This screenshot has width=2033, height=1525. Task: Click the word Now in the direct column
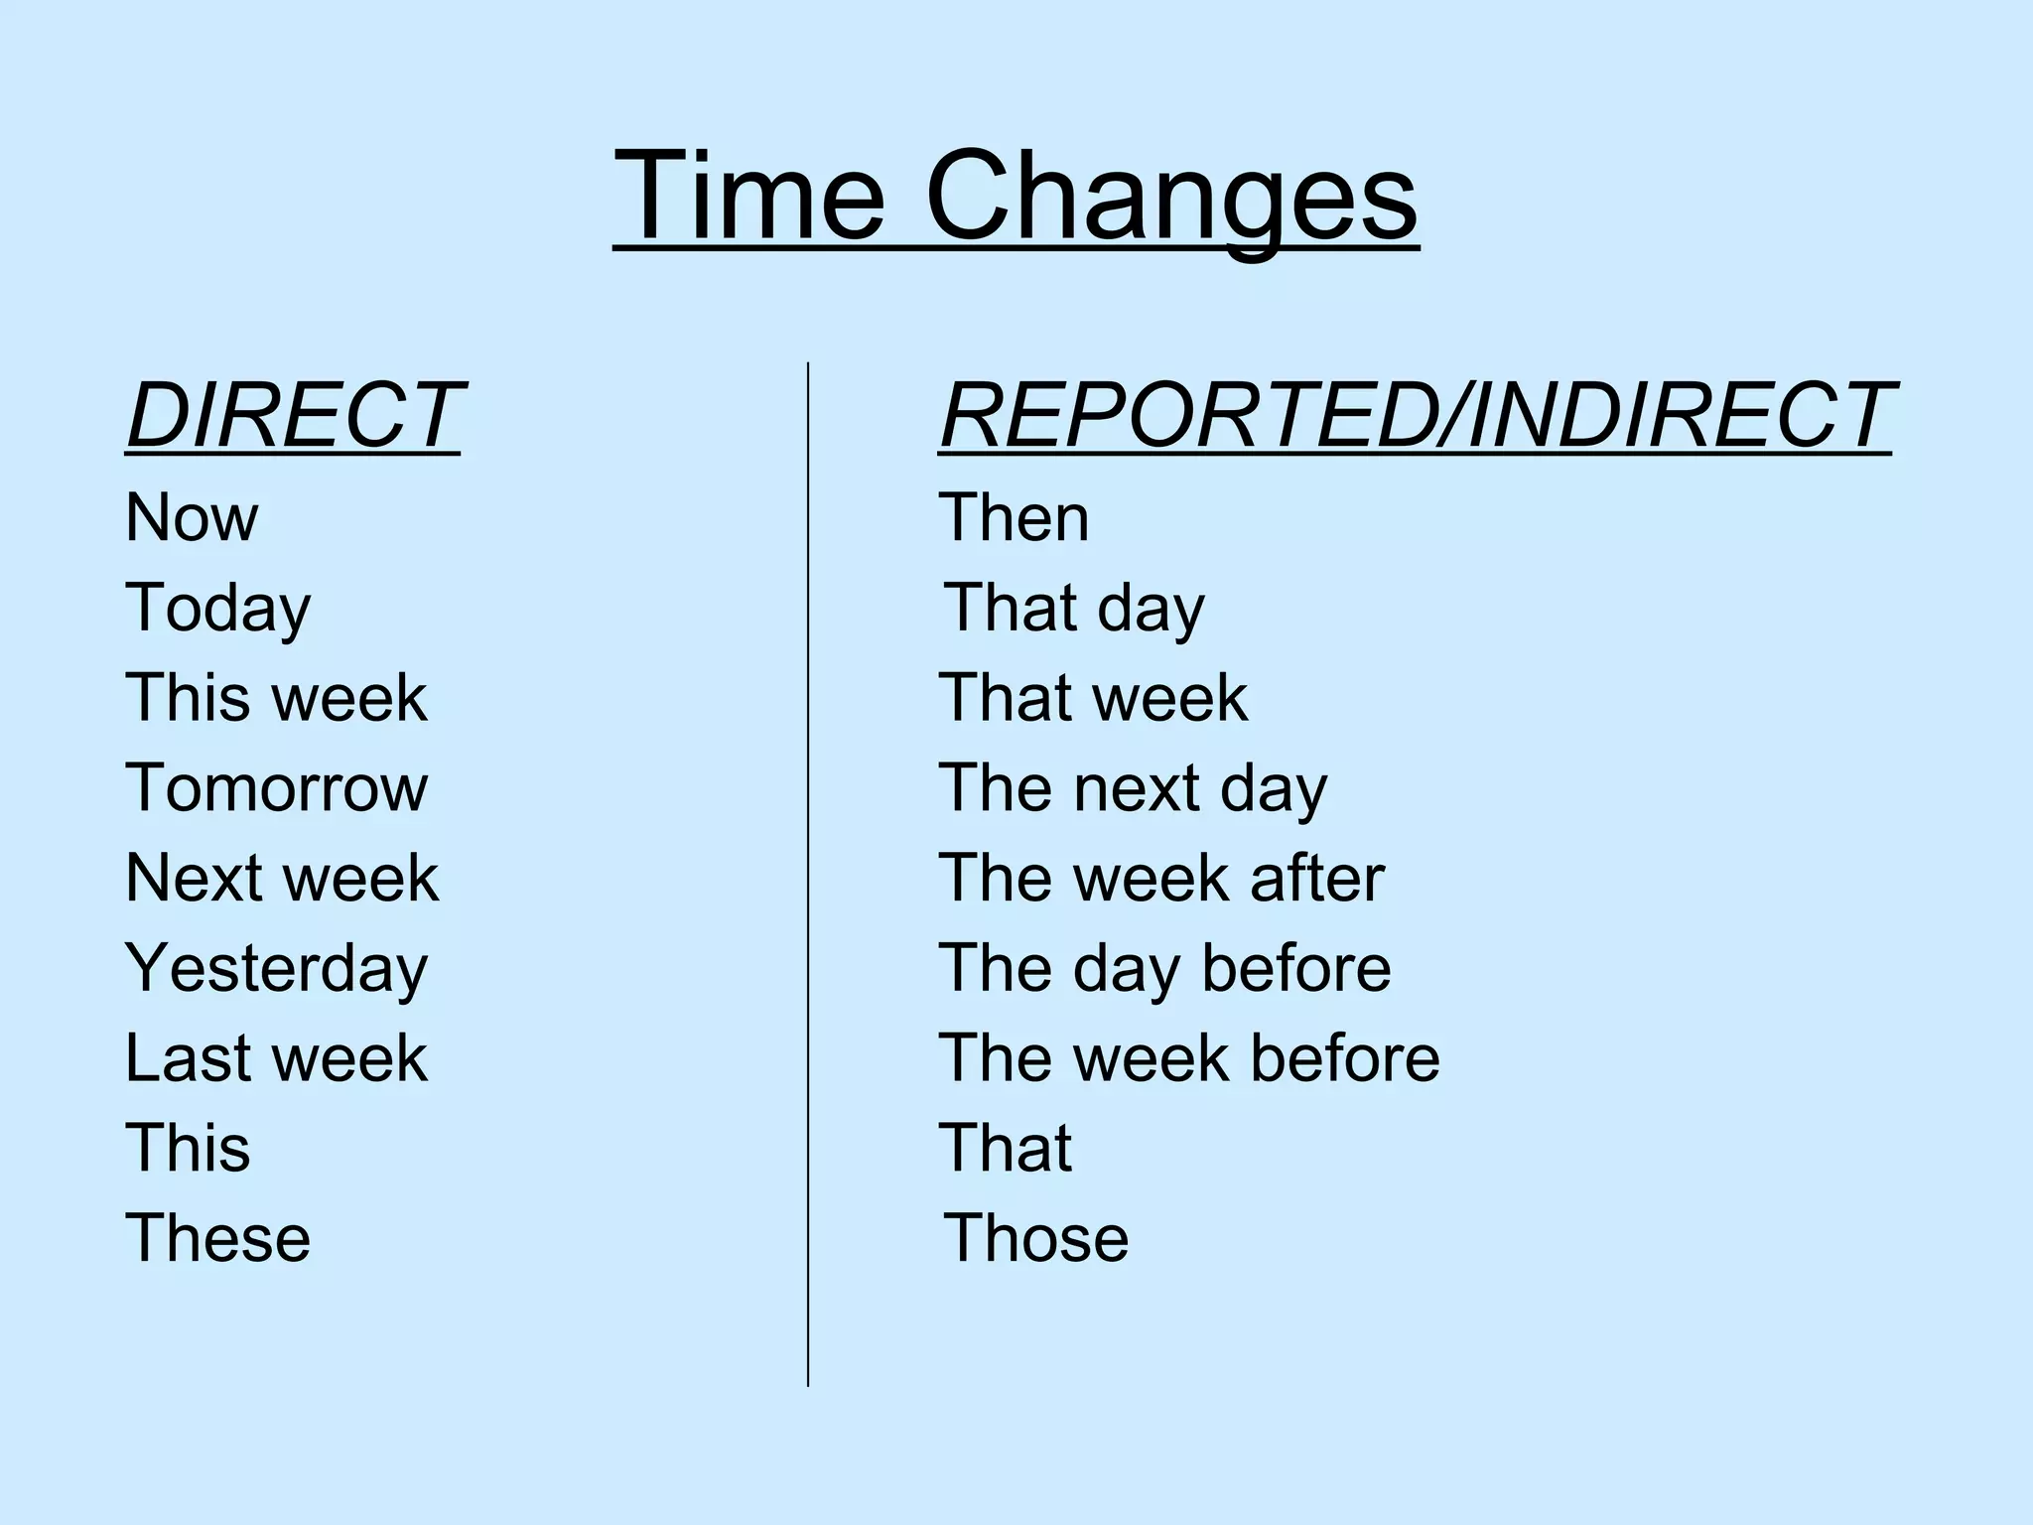click(x=192, y=518)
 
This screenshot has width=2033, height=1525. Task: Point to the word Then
click(x=1014, y=518)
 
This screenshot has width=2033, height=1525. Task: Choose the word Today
click(x=218, y=609)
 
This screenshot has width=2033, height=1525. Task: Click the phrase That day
click(x=1074, y=609)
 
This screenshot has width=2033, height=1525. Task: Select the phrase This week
click(x=276, y=698)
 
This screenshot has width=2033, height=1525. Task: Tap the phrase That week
click(x=1093, y=698)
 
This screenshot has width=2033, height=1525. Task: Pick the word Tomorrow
click(x=276, y=788)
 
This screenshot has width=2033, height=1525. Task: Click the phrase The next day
click(x=1133, y=788)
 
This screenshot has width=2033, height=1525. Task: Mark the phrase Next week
click(x=282, y=879)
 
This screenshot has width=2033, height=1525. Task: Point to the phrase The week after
click(x=1161, y=879)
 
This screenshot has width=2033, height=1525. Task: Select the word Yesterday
click(x=276, y=969)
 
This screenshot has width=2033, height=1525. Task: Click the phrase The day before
click(x=1164, y=969)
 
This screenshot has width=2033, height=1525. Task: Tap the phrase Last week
click(x=276, y=1058)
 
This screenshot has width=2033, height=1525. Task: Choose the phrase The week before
click(x=1189, y=1058)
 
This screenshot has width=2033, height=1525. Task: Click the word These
click(x=218, y=1239)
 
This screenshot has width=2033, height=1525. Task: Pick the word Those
click(x=1035, y=1239)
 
